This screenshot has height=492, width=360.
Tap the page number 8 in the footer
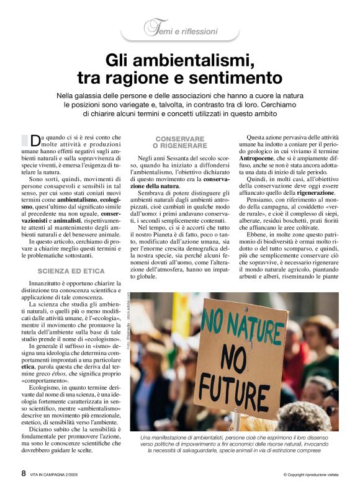[24, 473]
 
